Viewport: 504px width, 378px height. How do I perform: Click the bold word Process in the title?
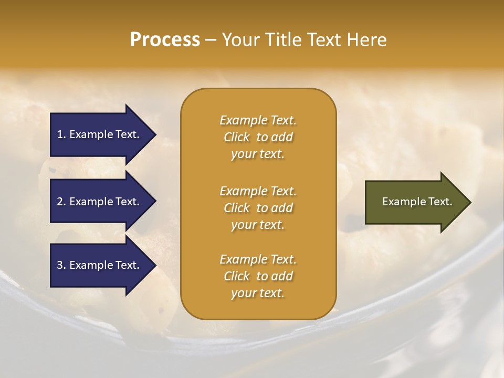(x=165, y=39)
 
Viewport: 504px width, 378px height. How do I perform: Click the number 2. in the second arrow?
(x=61, y=202)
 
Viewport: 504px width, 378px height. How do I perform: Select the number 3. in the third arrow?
(x=61, y=265)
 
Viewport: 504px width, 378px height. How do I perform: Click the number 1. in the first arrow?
(x=61, y=134)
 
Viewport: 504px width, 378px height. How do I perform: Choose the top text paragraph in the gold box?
(x=258, y=137)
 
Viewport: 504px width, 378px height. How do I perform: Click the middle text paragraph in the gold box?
(x=258, y=208)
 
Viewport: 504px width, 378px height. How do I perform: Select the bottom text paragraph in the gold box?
(x=258, y=276)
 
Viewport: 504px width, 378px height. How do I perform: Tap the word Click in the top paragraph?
(x=236, y=137)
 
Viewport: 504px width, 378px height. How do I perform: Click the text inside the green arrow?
(x=417, y=202)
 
